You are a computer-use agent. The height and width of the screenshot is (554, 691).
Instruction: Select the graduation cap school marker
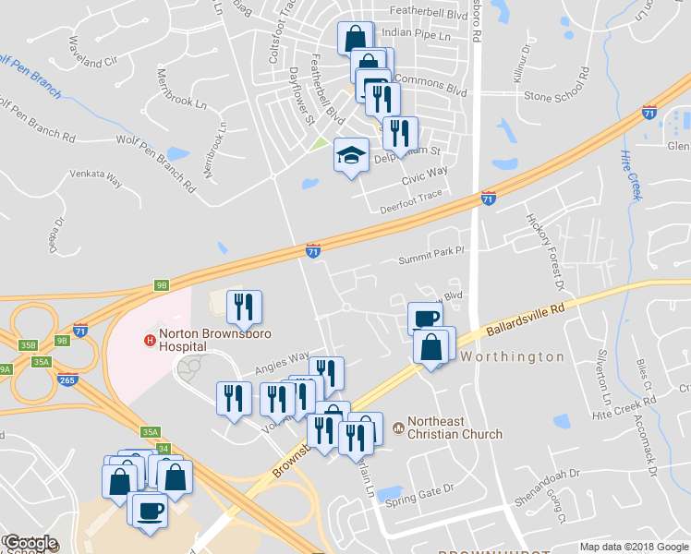tap(351, 155)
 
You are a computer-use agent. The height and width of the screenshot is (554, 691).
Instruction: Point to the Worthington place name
tap(512, 356)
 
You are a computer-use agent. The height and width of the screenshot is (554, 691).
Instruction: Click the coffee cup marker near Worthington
tap(425, 319)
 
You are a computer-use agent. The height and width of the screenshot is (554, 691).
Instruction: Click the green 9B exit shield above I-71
tap(162, 286)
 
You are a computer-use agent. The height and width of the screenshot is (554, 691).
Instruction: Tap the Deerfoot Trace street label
tap(411, 202)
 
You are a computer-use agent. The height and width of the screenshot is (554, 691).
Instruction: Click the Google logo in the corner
tap(30, 543)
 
